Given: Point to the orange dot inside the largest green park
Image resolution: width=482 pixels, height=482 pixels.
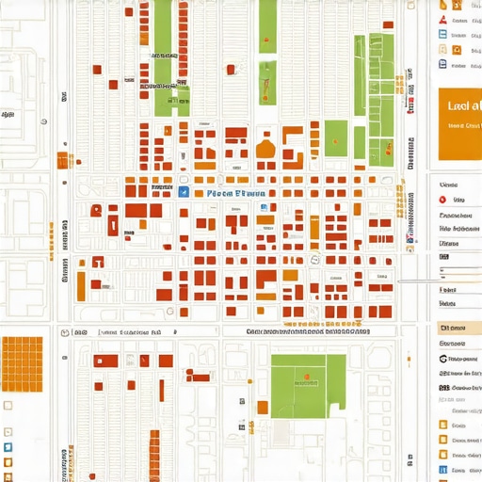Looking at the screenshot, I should [x=304, y=382].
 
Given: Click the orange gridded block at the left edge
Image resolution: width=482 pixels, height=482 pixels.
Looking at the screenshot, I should [x=22, y=361].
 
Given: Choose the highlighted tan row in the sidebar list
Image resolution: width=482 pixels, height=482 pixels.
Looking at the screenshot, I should [x=459, y=328].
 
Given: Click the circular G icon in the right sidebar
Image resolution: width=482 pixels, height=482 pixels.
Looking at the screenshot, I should [x=443, y=358].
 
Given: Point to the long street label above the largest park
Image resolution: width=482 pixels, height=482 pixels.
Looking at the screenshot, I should [x=306, y=332].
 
